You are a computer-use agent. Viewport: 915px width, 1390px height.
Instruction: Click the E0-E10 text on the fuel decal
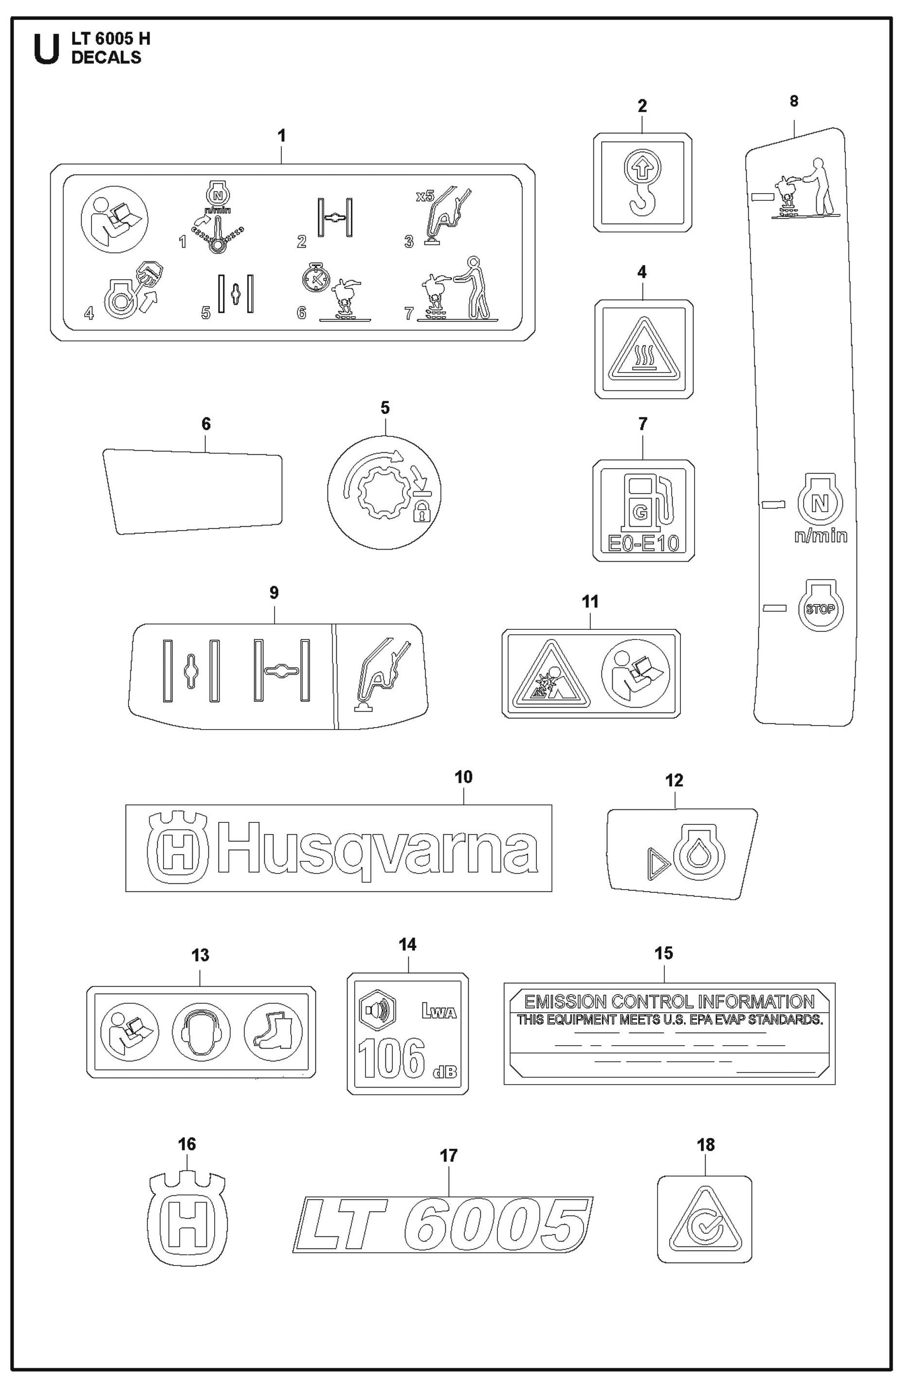click(643, 544)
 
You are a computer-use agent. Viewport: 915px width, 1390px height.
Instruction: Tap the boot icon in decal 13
click(273, 1032)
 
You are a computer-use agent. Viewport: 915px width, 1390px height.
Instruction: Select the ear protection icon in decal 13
click(201, 1032)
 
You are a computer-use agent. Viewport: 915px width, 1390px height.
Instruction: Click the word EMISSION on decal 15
click(565, 1001)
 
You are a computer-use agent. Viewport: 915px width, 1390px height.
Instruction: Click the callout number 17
click(448, 1156)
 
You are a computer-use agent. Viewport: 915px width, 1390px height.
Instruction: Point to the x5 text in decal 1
click(425, 196)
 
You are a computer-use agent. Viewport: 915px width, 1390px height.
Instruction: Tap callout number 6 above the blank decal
click(206, 424)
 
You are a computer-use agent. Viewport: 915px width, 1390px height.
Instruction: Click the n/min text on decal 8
click(821, 536)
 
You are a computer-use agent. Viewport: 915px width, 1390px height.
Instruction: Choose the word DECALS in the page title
click(106, 57)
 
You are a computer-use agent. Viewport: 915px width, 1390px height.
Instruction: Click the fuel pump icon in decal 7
click(646, 497)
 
